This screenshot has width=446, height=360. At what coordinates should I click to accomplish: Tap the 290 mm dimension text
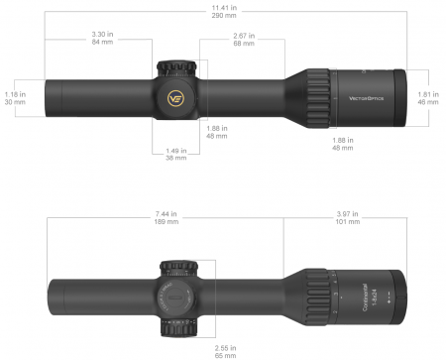pyautogui.click(x=224, y=16)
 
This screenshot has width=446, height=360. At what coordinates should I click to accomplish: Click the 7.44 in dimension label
pyautogui.click(x=167, y=214)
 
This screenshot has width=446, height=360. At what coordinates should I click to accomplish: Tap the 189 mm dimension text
pyautogui.click(x=167, y=223)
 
